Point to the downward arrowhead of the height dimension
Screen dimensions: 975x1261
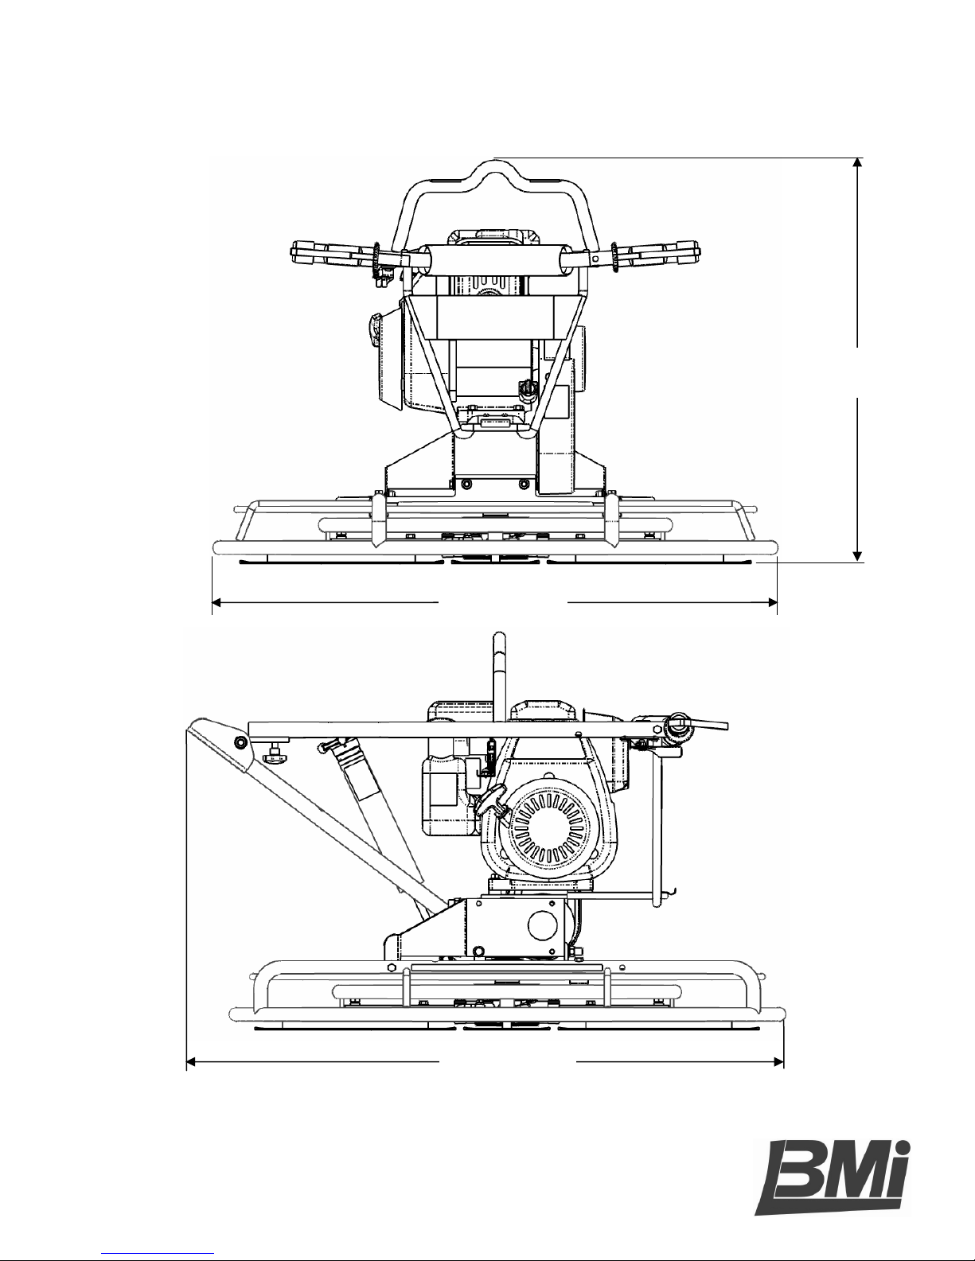click(x=857, y=556)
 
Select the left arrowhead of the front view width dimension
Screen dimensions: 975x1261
click(x=217, y=602)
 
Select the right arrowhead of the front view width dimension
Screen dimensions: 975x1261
click(x=771, y=602)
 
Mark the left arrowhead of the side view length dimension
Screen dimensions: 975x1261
click(x=192, y=1062)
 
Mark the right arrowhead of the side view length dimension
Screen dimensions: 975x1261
click(x=778, y=1062)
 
